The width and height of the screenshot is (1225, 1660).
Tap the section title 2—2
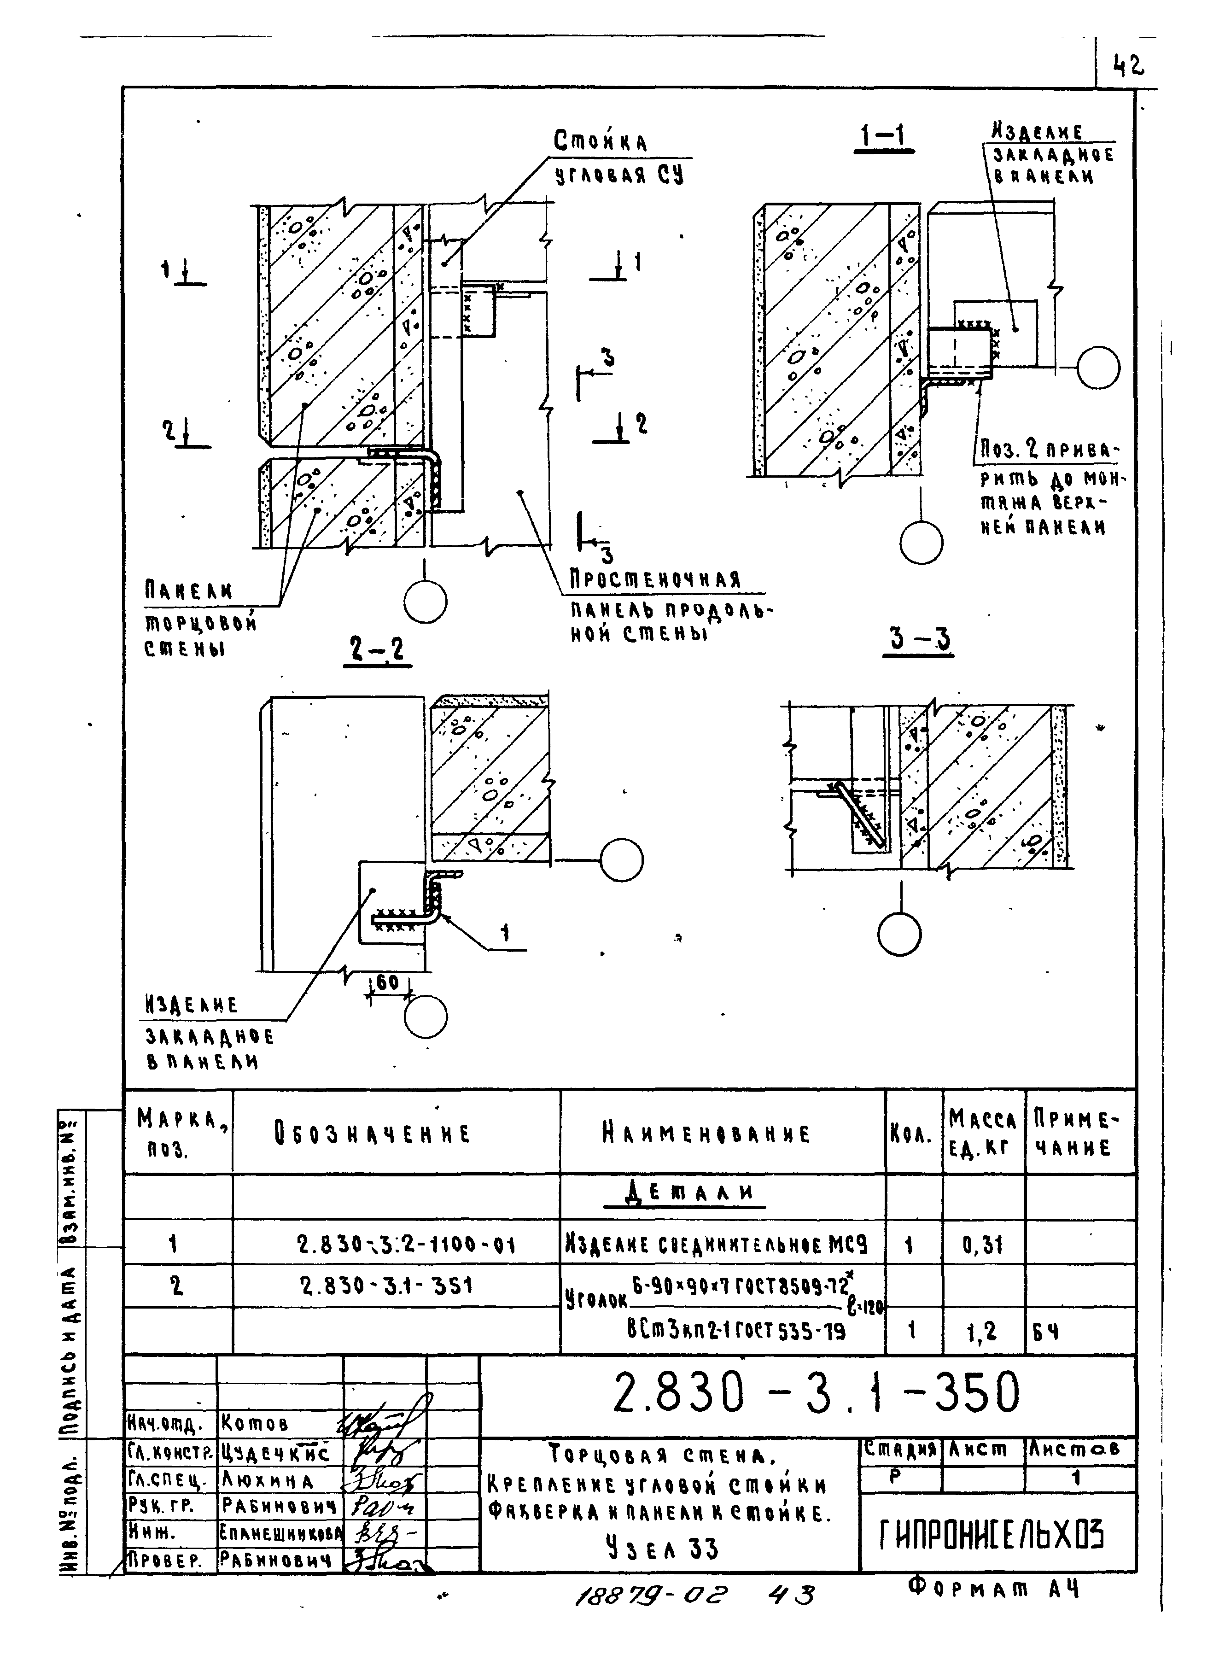coord(378,650)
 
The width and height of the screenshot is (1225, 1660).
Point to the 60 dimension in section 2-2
coord(388,983)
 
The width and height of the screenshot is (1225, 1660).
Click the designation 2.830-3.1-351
coord(386,1286)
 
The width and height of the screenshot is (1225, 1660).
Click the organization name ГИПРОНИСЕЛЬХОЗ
coord(992,1535)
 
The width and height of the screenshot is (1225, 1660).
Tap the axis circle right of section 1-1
coord(1098,367)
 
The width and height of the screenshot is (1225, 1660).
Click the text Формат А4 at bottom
coord(994,1588)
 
